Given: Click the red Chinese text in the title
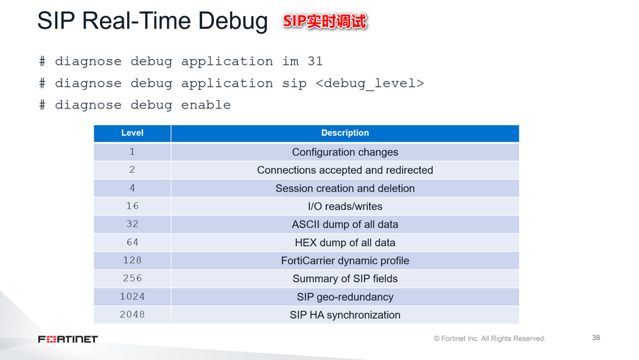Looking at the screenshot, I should click(x=324, y=22).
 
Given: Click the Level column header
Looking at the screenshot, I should click(x=132, y=133).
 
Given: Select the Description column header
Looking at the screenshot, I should click(x=345, y=133).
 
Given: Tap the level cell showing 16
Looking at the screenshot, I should click(x=132, y=206).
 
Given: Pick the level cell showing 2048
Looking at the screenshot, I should click(x=132, y=315).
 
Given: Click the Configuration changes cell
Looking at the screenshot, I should click(x=345, y=152).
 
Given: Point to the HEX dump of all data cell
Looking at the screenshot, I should click(x=345, y=243).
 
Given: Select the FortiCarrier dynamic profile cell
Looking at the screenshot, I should click(x=345, y=261).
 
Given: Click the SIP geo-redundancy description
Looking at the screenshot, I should click(x=345, y=297).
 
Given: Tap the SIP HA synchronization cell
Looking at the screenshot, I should click(x=345, y=315).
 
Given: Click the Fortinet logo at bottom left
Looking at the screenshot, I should click(x=67, y=339).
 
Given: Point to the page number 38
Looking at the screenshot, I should click(x=595, y=338).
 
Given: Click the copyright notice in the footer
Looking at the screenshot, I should click(x=489, y=338).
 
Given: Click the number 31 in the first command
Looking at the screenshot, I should click(x=315, y=61).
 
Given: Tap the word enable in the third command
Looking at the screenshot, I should click(x=206, y=105).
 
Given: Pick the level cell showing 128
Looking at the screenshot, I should click(x=132, y=261).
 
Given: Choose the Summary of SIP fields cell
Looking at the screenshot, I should click(x=345, y=279).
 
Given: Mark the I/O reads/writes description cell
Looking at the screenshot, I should click(x=345, y=206).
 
